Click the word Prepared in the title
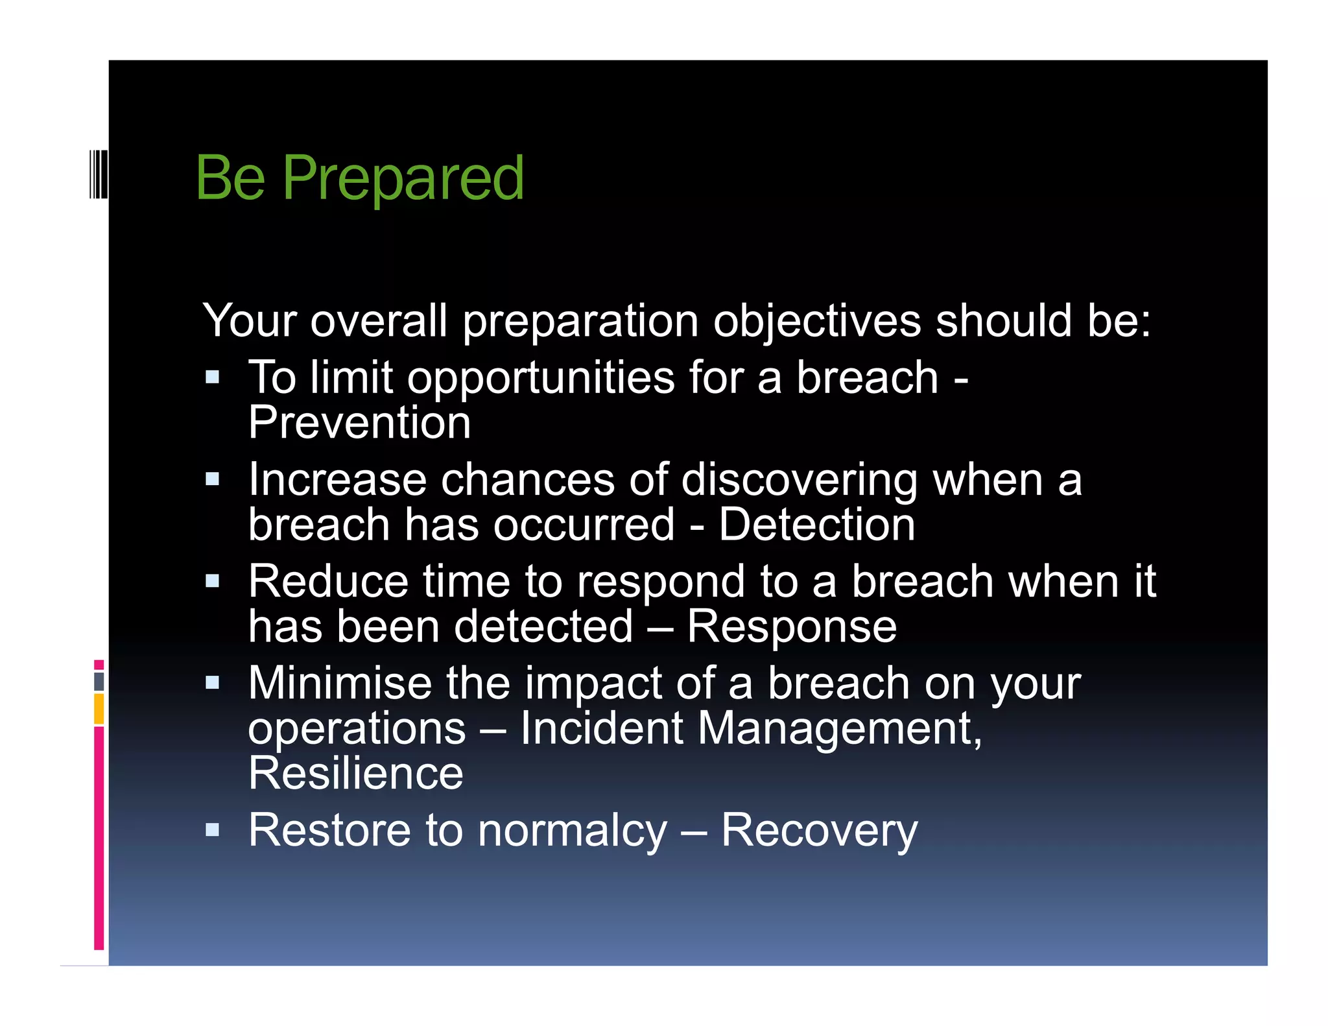coord(403,178)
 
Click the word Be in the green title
coord(230,178)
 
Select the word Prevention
coord(359,423)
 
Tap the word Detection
coord(816,525)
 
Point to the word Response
coord(792,627)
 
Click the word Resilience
coord(356,774)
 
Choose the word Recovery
coord(819,831)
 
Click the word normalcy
coord(573,831)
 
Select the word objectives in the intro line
coord(816,321)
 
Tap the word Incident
coord(601,728)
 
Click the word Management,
coord(840,728)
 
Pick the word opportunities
coord(540,378)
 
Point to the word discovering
coord(799,481)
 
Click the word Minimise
coord(340,684)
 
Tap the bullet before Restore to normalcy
coord(212,830)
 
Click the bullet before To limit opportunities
coord(212,377)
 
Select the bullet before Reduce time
coord(212,580)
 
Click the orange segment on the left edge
coord(99,709)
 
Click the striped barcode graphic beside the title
coord(99,174)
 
